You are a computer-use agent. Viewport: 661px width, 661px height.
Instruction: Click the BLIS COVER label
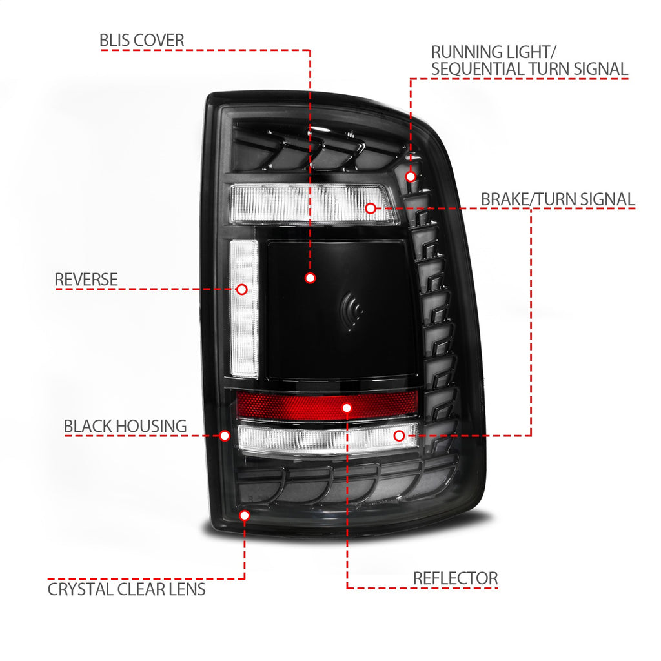141,41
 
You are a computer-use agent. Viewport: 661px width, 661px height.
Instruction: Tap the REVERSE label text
86,280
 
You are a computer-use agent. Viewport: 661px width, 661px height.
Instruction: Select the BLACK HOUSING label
125,426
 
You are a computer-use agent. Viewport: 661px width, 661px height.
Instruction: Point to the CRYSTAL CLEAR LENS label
127,589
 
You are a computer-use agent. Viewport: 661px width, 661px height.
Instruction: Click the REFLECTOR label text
455,578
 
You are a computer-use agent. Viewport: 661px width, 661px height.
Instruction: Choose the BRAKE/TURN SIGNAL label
558,199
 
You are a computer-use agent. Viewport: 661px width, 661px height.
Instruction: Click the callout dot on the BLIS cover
310,278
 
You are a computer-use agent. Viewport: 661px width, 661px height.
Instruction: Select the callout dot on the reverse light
242,289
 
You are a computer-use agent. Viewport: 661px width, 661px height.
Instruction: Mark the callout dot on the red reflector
347,408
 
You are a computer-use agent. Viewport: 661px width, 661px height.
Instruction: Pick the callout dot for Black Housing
225,436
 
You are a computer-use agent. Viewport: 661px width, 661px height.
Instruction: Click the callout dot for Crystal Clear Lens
245,515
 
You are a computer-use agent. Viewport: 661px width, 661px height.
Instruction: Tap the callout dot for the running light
410,177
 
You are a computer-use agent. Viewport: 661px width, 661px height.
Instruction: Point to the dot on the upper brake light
371,208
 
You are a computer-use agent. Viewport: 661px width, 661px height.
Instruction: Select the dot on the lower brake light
399,436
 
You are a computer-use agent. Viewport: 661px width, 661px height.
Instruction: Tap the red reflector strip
327,405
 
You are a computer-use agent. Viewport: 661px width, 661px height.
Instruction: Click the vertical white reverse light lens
243,309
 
